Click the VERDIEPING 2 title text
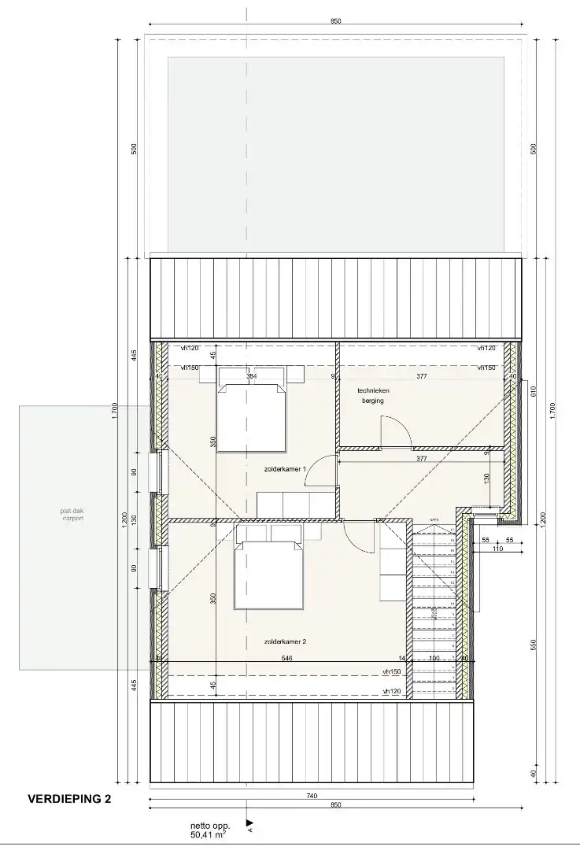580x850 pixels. [x=69, y=799]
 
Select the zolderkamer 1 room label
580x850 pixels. [x=285, y=468]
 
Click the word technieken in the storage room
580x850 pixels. [x=373, y=390]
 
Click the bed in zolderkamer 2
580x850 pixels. [x=268, y=571]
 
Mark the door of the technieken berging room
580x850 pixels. [x=393, y=432]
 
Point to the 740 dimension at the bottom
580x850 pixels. [x=312, y=796]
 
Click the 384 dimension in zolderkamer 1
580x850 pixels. [x=251, y=377]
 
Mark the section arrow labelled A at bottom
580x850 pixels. [x=249, y=823]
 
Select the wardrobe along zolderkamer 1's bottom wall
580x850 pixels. [x=297, y=504]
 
